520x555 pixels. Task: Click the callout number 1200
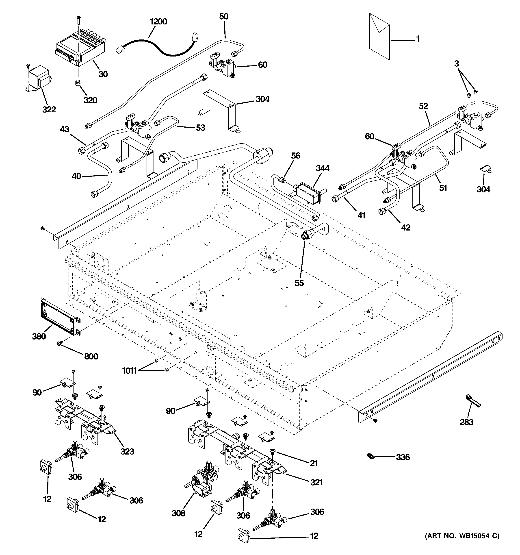pyautogui.click(x=158, y=22)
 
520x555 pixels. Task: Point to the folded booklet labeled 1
pyautogui.click(x=379, y=36)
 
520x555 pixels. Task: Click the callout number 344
pyautogui.click(x=322, y=168)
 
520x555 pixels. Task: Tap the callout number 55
pyautogui.click(x=299, y=283)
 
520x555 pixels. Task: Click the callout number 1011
pyautogui.click(x=130, y=371)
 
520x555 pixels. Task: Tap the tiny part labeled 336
pyautogui.click(x=371, y=457)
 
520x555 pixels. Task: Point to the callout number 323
pyautogui.click(x=127, y=451)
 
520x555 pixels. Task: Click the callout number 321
pyautogui.click(x=316, y=482)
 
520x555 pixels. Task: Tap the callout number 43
pyautogui.click(x=65, y=130)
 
